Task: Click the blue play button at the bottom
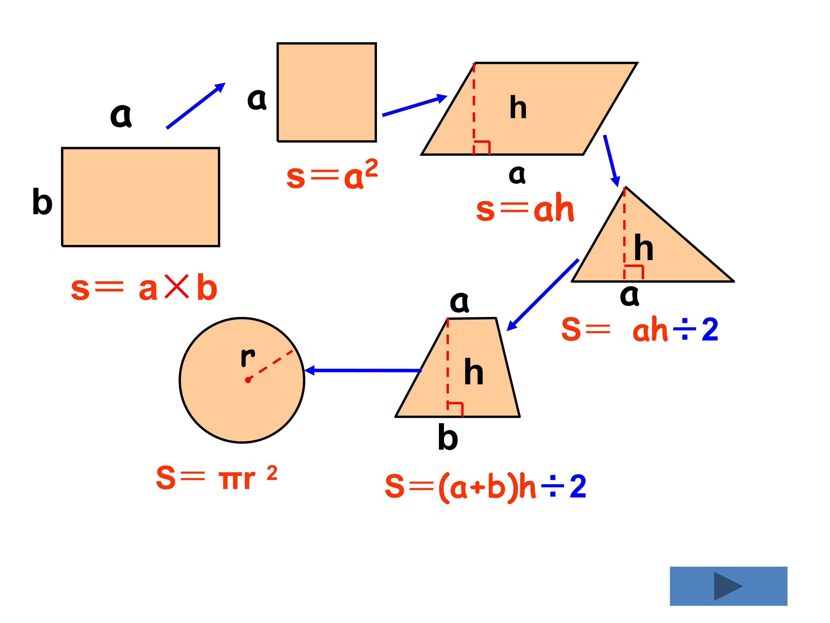point(728,586)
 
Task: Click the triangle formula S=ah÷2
point(640,329)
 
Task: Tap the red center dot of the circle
point(248,380)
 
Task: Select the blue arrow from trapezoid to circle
point(363,371)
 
